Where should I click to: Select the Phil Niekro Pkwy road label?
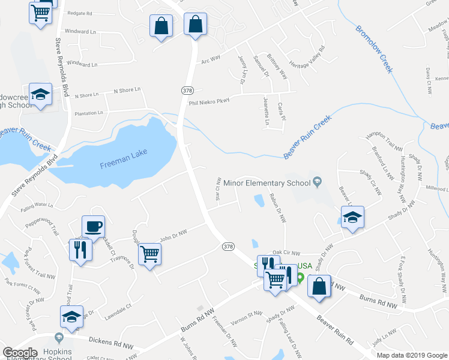coord(209,102)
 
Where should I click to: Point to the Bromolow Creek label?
coord(373,49)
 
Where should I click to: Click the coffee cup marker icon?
coord(93,227)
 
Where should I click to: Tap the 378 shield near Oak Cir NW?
coord(228,246)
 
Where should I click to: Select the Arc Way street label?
coord(211,59)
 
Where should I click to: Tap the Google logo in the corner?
coord(20,352)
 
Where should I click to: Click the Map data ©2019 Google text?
coord(412,355)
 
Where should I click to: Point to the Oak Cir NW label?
coord(286,253)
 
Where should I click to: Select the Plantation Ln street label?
coord(89,112)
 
